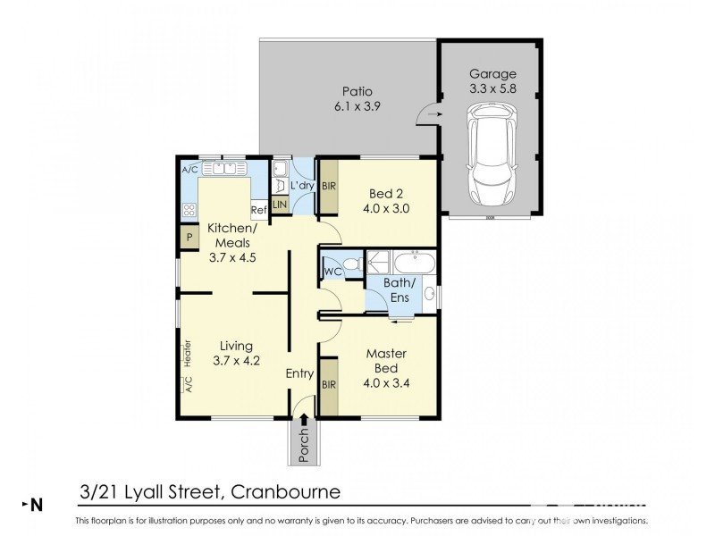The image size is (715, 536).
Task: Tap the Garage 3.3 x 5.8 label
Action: [492, 81]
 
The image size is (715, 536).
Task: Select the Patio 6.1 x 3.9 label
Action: [357, 98]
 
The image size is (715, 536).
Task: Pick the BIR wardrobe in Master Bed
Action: [329, 385]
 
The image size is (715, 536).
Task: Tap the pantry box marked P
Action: [189, 237]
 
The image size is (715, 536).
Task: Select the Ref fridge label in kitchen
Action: [258, 211]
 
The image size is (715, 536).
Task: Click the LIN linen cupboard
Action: [280, 205]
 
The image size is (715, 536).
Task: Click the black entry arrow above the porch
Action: [304, 418]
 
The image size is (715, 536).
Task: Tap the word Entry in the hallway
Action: [300, 374]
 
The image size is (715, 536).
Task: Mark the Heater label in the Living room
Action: [189, 352]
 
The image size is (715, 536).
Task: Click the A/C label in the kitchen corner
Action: [189, 169]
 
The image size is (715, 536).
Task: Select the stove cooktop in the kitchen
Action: [189, 211]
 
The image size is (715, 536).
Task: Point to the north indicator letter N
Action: [37, 505]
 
